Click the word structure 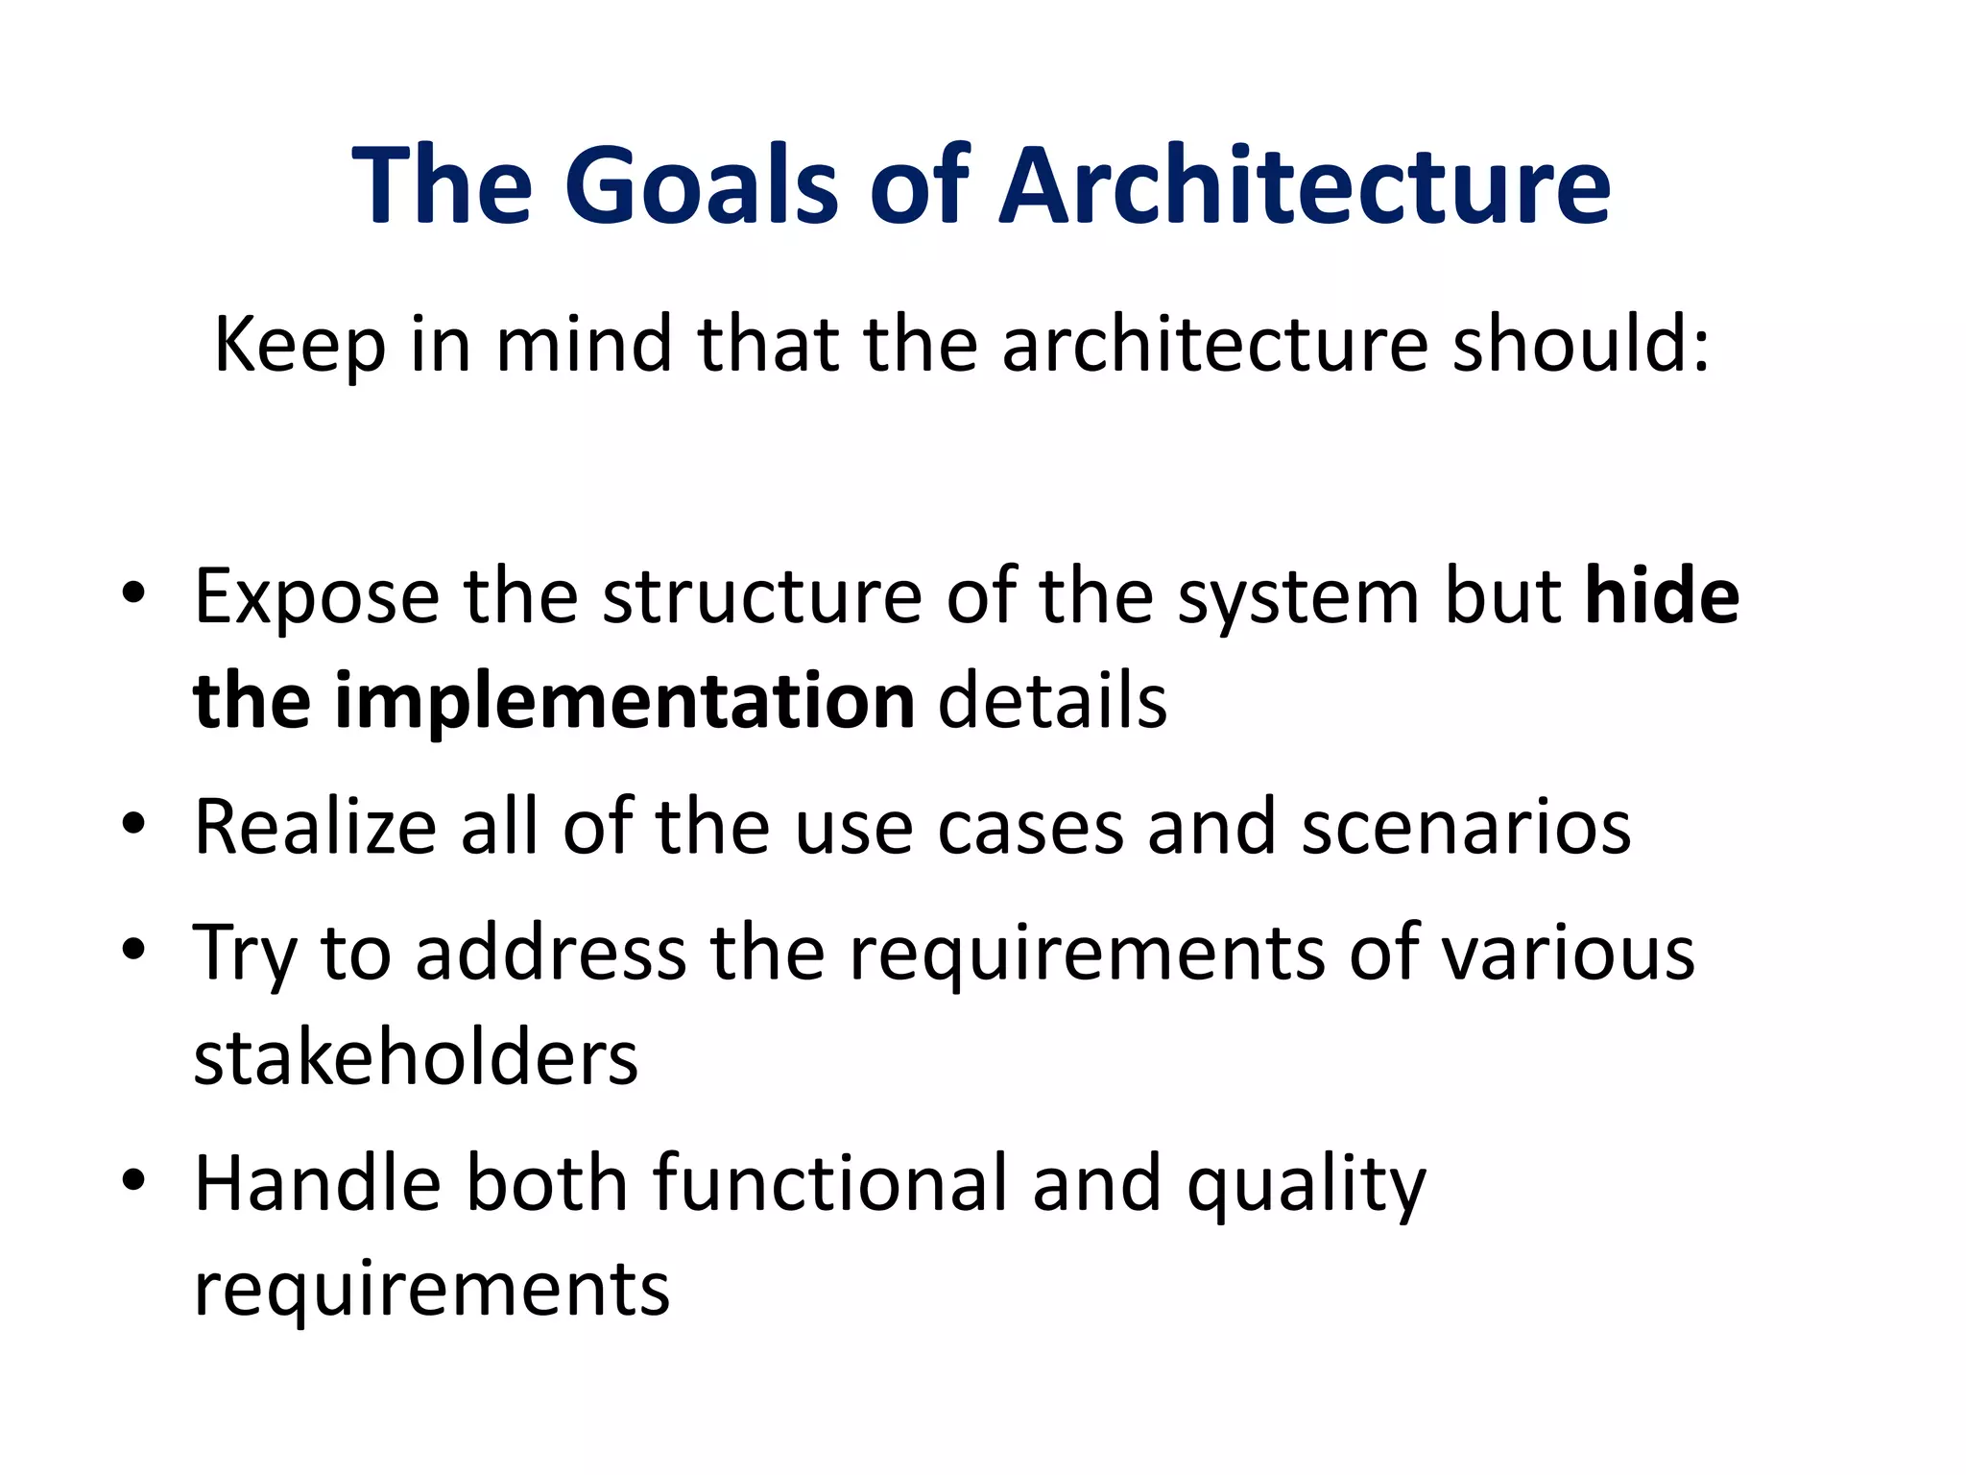tap(762, 597)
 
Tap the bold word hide tap(1662, 596)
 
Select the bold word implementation tap(625, 702)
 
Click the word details tap(1052, 702)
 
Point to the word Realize tap(316, 827)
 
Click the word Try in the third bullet tap(245, 955)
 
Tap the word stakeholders tap(416, 1057)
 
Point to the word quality tap(1307, 1187)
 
